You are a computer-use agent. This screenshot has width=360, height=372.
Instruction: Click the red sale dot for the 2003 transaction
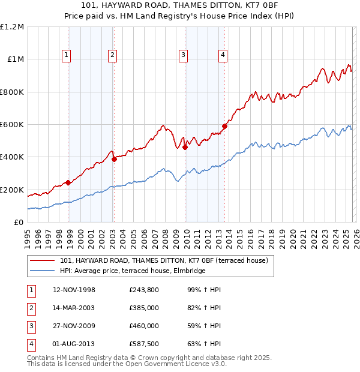(114, 160)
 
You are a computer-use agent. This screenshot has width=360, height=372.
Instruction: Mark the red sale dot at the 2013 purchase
(224, 127)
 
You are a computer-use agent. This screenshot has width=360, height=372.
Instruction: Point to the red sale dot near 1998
(68, 182)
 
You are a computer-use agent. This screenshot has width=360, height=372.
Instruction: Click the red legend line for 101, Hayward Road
(43, 260)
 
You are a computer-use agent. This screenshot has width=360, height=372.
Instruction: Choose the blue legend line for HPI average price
(43, 271)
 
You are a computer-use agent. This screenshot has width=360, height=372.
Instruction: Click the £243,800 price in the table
(143, 290)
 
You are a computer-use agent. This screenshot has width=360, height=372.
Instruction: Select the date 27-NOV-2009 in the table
(74, 326)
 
